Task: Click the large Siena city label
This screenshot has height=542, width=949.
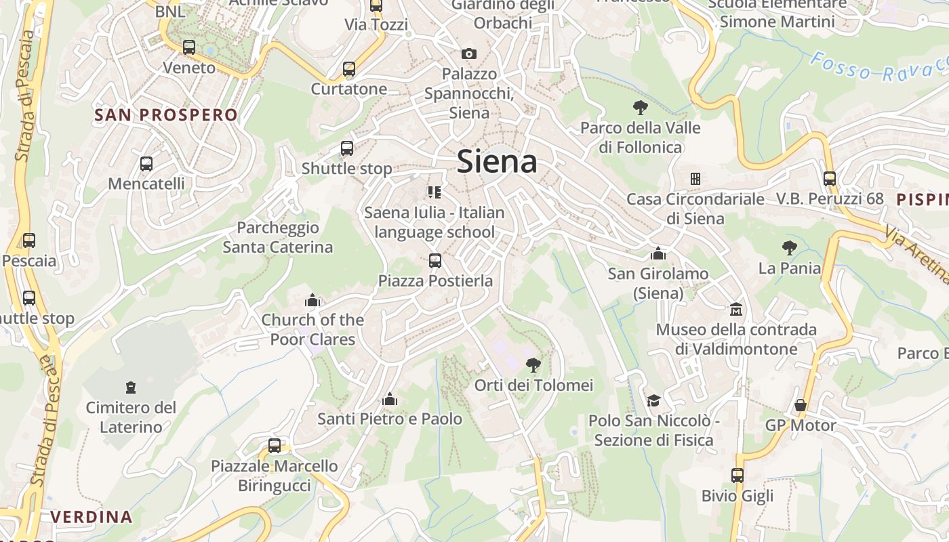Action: (x=497, y=162)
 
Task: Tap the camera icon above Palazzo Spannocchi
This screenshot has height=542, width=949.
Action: (x=468, y=54)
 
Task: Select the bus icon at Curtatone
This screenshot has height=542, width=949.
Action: (x=349, y=69)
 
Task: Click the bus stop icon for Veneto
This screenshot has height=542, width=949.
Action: (x=189, y=47)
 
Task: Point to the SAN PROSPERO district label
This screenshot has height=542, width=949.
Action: (x=166, y=114)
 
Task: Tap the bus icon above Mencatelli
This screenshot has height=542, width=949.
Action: (x=146, y=163)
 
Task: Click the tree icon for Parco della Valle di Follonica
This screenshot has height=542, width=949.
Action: (x=640, y=107)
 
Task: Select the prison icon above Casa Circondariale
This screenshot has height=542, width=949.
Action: (x=695, y=179)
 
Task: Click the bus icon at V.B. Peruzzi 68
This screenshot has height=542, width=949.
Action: (x=830, y=179)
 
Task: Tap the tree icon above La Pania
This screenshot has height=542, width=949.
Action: (x=789, y=248)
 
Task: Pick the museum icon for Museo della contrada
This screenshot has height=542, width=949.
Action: (x=735, y=310)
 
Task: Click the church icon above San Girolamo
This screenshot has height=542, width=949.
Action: (x=658, y=253)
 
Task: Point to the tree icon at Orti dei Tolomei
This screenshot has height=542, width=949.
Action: (x=533, y=365)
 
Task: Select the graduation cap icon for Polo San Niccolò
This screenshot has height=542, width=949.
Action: (x=653, y=400)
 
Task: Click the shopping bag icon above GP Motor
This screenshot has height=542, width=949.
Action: (x=801, y=405)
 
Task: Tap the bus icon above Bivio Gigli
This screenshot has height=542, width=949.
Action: (x=738, y=476)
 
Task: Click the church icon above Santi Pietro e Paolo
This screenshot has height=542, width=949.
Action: (x=390, y=399)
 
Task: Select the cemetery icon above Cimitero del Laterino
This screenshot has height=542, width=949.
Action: (x=131, y=388)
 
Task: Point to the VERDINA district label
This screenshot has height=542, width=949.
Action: (x=92, y=517)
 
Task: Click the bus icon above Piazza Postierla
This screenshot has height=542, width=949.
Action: (x=435, y=260)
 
